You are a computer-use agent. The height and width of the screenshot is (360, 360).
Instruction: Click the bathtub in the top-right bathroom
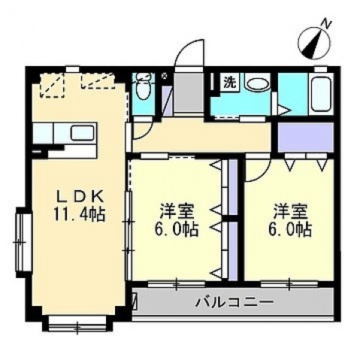(x=321, y=94)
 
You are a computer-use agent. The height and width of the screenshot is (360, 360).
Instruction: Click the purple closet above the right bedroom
(x=305, y=136)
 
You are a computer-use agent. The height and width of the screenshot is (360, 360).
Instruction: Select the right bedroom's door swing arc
(x=256, y=171)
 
